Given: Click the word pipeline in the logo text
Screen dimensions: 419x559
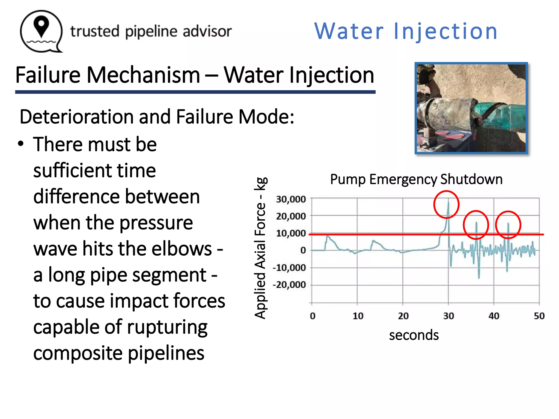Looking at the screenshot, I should click(152, 32).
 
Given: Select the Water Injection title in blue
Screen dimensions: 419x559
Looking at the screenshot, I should click(406, 31).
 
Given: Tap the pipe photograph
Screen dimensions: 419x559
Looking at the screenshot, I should click(471, 108).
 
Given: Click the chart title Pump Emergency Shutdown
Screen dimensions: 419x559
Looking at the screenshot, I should click(416, 179).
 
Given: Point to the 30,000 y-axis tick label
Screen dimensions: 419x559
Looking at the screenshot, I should click(291, 199).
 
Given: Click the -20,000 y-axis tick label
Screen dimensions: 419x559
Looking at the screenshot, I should click(289, 285).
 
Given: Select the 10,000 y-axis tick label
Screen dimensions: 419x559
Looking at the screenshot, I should click(291, 234).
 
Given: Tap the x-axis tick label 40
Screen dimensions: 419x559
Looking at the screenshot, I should click(494, 316).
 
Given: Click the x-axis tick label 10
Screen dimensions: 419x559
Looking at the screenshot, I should click(358, 316).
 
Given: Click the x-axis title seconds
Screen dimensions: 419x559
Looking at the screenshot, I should click(414, 335).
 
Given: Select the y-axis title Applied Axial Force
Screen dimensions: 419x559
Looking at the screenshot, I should click(260, 248).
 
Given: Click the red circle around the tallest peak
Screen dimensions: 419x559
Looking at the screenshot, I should click(446, 205).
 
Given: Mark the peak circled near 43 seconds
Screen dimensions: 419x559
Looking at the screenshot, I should click(508, 224).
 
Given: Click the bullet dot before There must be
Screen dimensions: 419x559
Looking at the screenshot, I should click(21, 144).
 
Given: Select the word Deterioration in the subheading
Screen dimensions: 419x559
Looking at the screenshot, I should click(76, 117).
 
